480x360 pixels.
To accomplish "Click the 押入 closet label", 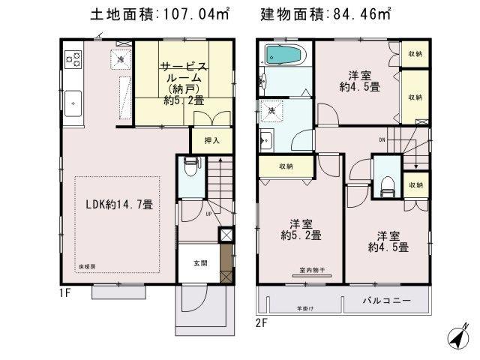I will pyautogui.click(x=212, y=140).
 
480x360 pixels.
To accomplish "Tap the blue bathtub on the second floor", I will pyautogui.click(x=283, y=55).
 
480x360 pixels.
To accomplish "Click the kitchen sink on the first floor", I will pyautogui.click(x=73, y=100).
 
